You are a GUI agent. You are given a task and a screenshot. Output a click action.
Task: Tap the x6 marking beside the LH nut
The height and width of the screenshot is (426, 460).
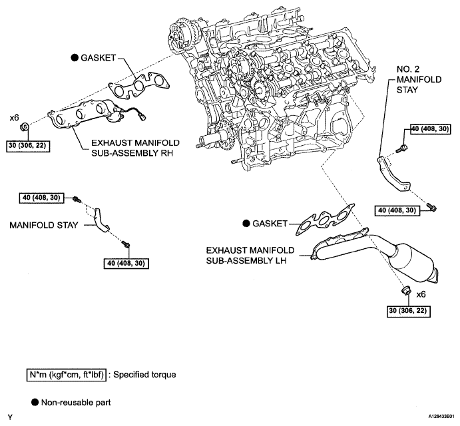(x=421, y=294)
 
